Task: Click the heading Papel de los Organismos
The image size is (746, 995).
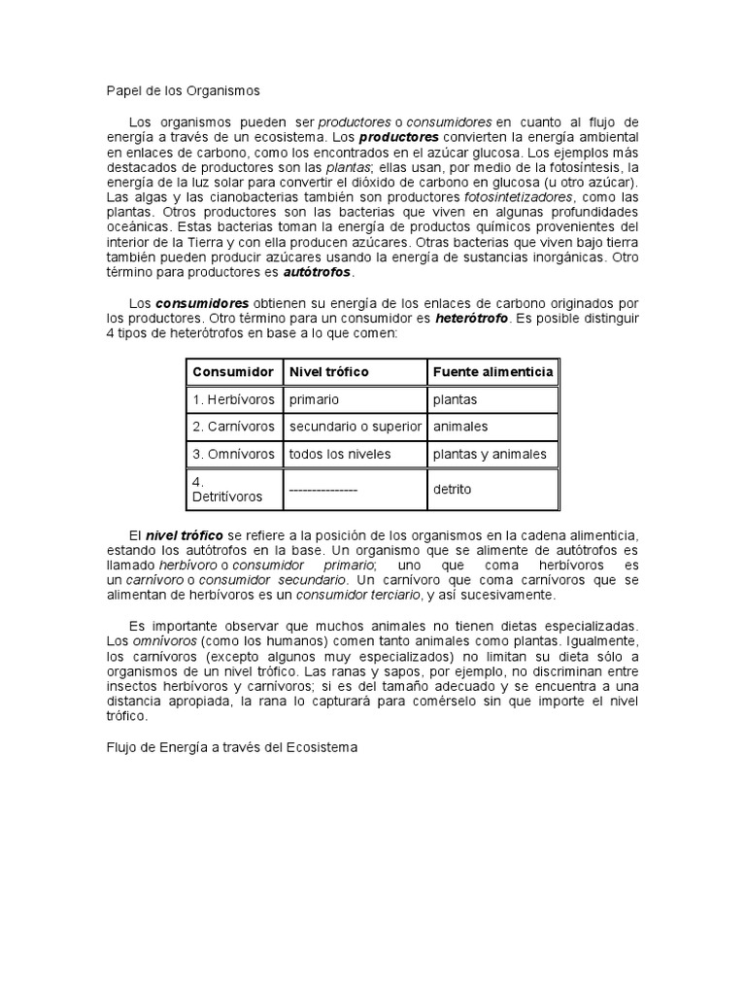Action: pos(184,90)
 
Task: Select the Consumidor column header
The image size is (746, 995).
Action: pos(233,371)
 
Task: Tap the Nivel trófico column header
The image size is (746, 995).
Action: pos(329,371)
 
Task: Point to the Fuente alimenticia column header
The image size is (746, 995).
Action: pos(492,371)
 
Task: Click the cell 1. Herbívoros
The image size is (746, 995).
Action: pos(233,399)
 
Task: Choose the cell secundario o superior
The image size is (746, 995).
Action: pos(355,427)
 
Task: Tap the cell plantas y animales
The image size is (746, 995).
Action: pos(490,454)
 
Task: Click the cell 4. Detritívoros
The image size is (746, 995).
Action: pos(227,489)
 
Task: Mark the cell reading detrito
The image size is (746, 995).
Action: pos(452,490)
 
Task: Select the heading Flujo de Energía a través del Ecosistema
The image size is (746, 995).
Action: pos(232,748)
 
